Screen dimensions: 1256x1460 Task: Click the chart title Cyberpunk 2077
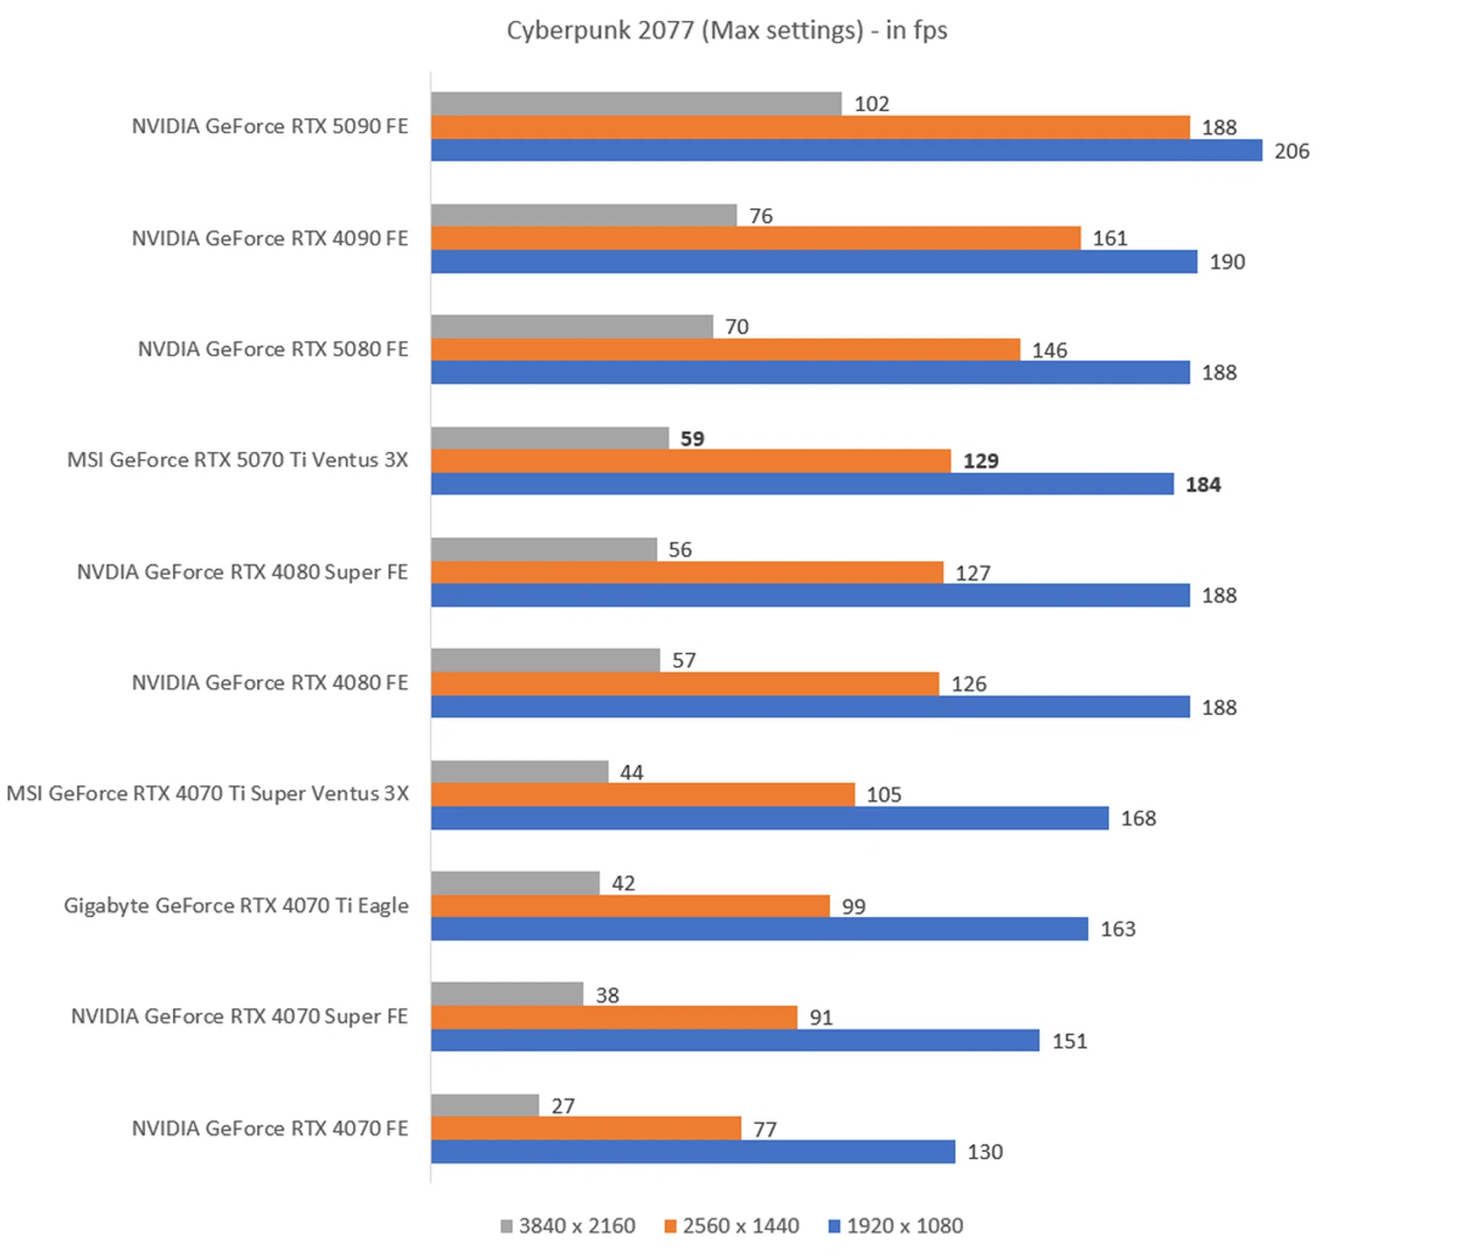pos(726,30)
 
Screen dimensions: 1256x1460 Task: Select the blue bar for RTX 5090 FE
pos(846,151)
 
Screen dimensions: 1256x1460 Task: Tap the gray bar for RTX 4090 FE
pos(583,215)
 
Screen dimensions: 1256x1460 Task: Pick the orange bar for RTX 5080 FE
pos(725,350)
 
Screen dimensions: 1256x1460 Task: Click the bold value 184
pos(1202,485)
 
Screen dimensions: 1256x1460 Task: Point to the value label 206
pos(1291,151)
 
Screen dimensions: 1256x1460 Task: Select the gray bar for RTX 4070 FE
pos(484,1105)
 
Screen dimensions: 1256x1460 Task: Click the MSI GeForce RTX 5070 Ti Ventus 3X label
pos(237,460)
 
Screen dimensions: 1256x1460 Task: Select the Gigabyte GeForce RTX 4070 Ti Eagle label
pos(236,905)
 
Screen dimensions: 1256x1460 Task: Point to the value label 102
pos(871,104)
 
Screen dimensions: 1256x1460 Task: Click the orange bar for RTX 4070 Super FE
pos(614,1017)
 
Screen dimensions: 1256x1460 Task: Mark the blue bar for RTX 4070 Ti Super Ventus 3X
pos(769,819)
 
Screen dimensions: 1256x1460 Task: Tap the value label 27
pos(563,1106)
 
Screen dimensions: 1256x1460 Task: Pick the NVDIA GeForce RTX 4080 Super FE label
pos(242,572)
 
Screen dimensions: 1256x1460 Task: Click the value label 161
pos(1109,239)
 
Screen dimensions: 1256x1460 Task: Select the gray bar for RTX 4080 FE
pos(544,660)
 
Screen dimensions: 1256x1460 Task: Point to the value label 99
pos(853,907)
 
